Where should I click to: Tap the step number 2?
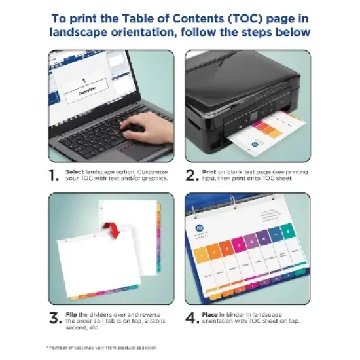[192, 175]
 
